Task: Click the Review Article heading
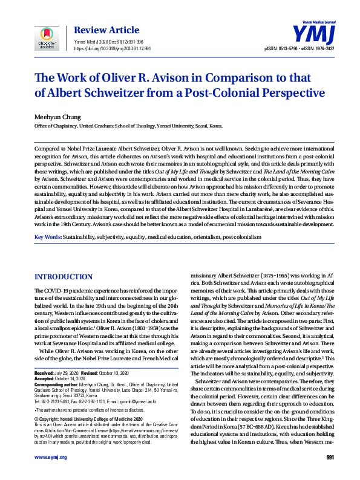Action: [99, 28]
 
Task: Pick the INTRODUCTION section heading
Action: [64, 276]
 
